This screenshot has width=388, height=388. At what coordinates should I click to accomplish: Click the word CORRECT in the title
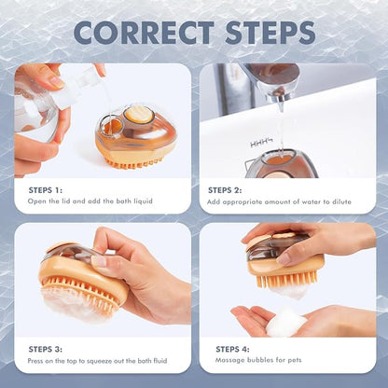[x=144, y=33]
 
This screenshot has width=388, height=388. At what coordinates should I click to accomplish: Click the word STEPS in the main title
[x=270, y=33]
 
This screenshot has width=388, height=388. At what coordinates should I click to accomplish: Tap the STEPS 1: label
[x=46, y=190]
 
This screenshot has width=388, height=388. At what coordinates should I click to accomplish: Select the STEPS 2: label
[x=225, y=190]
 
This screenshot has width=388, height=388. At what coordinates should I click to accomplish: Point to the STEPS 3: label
[x=46, y=349]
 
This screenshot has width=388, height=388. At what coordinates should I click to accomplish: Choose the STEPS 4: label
[x=232, y=349]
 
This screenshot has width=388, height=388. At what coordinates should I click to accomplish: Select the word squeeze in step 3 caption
[x=99, y=361]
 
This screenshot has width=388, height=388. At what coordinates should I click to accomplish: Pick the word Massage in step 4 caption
[x=229, y=360]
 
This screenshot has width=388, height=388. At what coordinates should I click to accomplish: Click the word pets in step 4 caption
[x=294, y=360]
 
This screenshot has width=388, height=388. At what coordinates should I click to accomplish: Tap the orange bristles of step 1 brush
[x=134, y=162]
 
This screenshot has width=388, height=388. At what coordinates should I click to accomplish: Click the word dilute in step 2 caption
[x=341, y=201]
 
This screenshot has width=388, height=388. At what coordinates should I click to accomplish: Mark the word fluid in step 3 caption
[x=159, y=361]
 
